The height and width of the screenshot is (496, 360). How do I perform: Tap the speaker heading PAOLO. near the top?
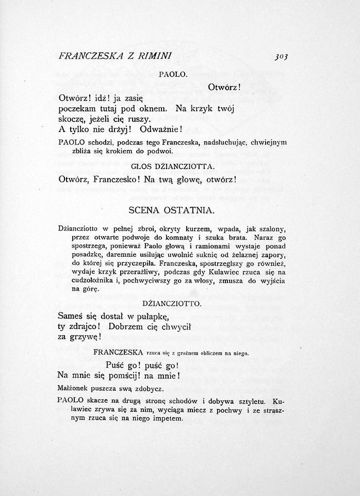(x=172, y=75)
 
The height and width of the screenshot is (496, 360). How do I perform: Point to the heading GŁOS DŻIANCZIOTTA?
(x=173, y=167)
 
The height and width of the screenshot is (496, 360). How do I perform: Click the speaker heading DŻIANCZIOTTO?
(x=172, y=304)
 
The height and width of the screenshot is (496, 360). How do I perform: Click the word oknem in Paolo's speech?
(x=153, y=108)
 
